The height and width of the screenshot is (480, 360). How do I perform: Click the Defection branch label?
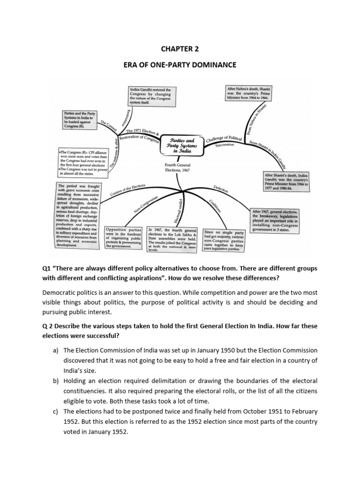pyautogui.click(x=220, y=190)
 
